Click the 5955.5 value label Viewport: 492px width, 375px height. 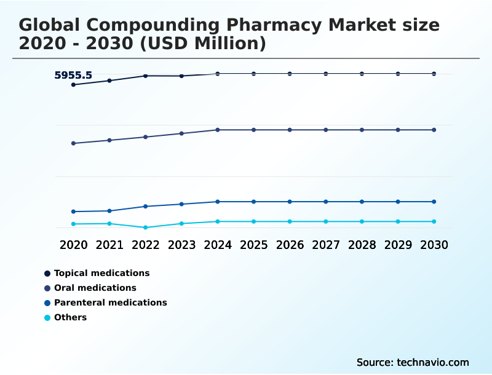point(73,76)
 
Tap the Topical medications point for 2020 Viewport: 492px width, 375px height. point(74,85)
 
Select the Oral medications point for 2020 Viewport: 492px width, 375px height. point(74,143)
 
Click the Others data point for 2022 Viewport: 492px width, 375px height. point(146,227)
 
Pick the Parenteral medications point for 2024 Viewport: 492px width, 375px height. point(218,202)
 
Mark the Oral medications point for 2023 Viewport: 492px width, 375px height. point(181,133)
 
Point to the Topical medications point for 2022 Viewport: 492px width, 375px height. point(146,76)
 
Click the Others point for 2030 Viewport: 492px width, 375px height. point(434,221)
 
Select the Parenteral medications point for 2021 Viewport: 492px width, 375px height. point(109,211)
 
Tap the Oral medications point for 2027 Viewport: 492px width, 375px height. point(326,130)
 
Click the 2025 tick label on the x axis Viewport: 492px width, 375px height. point(253,245)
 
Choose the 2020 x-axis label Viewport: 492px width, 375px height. point(74,245)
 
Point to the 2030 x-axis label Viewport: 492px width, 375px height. point(434,245)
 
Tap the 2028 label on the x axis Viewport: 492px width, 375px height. point(362,245)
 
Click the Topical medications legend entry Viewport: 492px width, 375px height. point(101,273)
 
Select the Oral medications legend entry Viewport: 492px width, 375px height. point(95,288)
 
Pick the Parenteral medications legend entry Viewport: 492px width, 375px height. point(110,302)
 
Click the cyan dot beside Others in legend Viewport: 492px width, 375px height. point(47,318)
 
